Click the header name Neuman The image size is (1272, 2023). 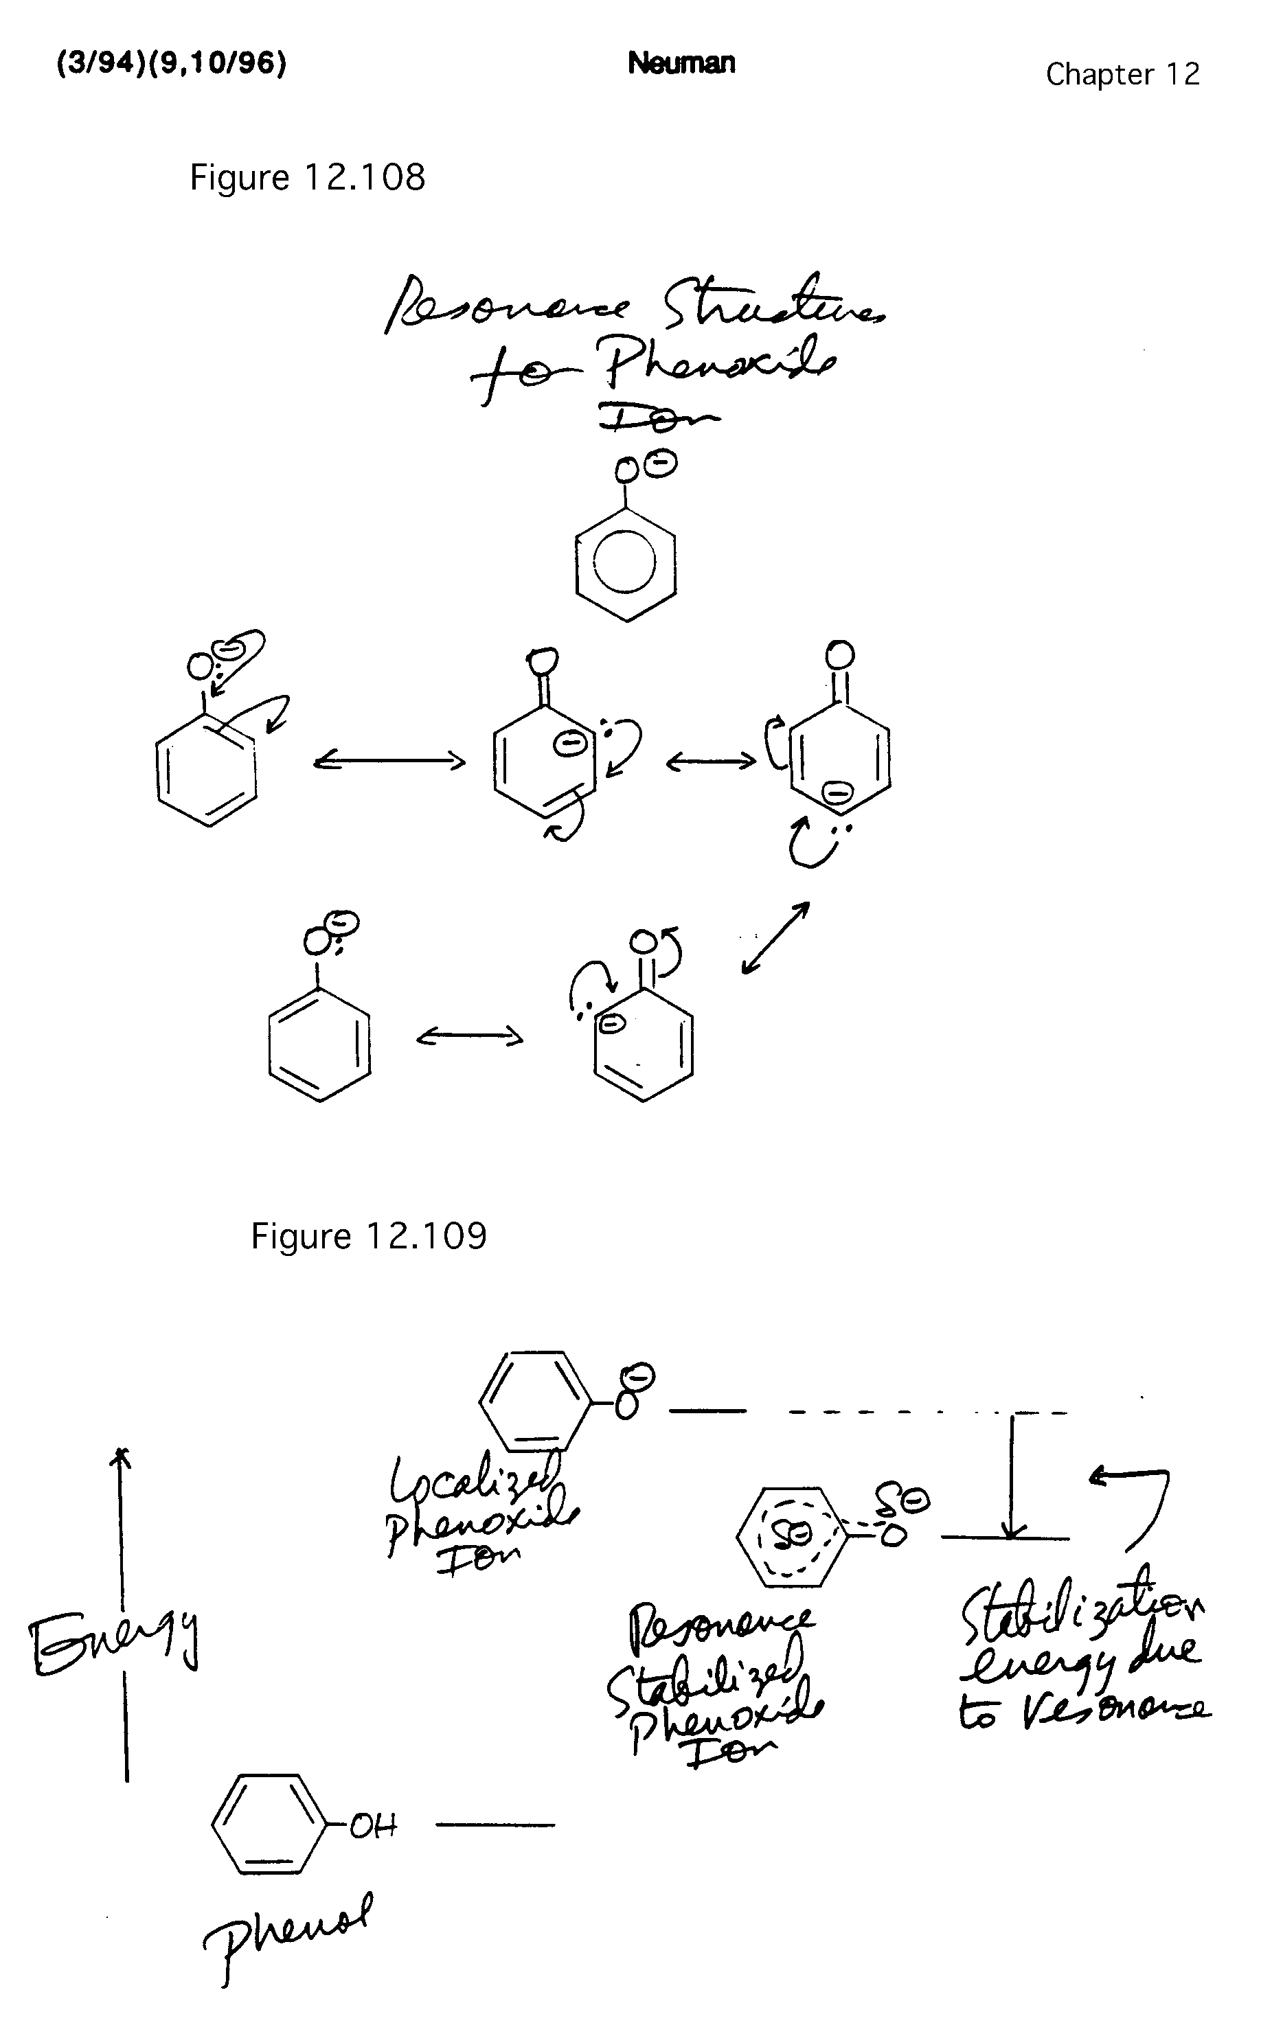pyautogui.click(x=681, y=63)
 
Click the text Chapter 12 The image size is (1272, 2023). pyautogui.click(x=1122, y=75)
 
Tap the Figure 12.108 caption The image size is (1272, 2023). pyautogui.click(x=308, y=177)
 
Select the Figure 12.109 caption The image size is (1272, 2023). pyautogui.click(x=369, y=1236)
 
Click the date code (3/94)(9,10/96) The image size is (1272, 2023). pyautogui.click(x=172, y=63)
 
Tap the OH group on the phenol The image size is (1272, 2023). pyautogui.click(x=372, y=1825)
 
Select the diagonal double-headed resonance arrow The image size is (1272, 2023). pyautogui.click(x=775, y=937)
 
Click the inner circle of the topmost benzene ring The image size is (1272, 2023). pyautogui.click(x=625, y=561)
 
